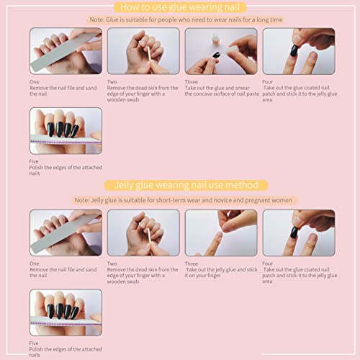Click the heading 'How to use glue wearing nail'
click(x=180, y=7)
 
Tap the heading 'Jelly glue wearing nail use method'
click(x=180, y=185)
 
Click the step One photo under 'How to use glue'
click(x=66, y=51)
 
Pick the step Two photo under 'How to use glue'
click(x=143, y=51)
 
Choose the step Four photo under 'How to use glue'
click(x=298, y=51)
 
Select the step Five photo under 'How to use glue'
click(x=66, y=131)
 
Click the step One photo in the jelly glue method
click(x=66, y=233)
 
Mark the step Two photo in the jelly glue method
click(x=143, y=233)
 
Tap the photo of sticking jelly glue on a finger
click(x=220, y=233)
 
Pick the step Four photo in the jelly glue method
click(x=298, y=233)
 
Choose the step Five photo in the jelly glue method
click(x=66, y=312)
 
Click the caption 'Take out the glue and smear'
click(x=221, y=89)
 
